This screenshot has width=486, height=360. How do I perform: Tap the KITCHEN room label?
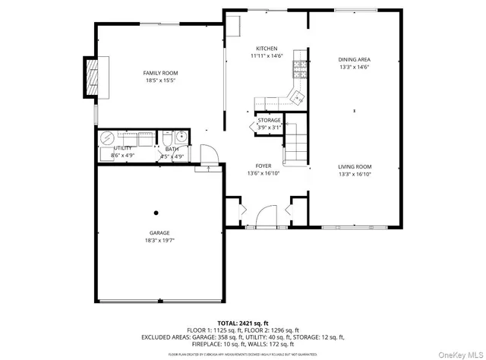pyautogui.click(x=267, y=48)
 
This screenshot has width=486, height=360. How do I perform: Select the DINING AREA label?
pyautogui.click(x=354, y=59)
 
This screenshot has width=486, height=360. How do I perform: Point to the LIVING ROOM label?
pyautogui.click(x=354, y=166)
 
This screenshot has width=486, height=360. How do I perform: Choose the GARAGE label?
pyautogui.click(x=159, y=233)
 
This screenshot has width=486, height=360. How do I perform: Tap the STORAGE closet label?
pyautogui.click(x=269, y=121)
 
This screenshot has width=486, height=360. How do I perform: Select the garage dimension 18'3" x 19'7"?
pyautogui.click(x=159, y=241)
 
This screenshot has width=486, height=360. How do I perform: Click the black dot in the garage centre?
pyautogui.click(x=156, y=213)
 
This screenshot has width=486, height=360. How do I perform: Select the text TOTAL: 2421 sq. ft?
pyautogui.click(x=243, y=323)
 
